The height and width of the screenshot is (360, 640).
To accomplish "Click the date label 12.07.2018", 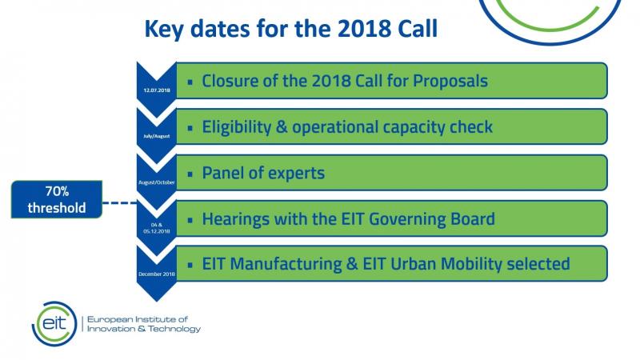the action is click(157, 90).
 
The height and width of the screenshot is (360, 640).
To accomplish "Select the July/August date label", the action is click(157, 136).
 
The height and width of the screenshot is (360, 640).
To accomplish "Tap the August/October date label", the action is click(157, 182).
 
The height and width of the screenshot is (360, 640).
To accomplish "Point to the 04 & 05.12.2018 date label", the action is click(157, 228).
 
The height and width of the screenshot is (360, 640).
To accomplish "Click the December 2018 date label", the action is click(157, 274).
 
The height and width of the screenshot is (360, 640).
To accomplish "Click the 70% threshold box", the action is click(57, 199).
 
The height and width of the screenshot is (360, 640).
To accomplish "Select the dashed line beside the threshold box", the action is click(119, 202).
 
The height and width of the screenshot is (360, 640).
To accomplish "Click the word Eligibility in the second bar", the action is click(236, 127).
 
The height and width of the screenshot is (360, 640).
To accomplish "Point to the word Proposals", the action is click(450, 81).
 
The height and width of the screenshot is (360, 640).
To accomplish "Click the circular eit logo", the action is click(54, 324).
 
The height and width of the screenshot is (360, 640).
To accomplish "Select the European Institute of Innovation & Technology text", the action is click(144, 324).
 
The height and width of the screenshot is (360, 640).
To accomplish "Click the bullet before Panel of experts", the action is click(190, 174).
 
